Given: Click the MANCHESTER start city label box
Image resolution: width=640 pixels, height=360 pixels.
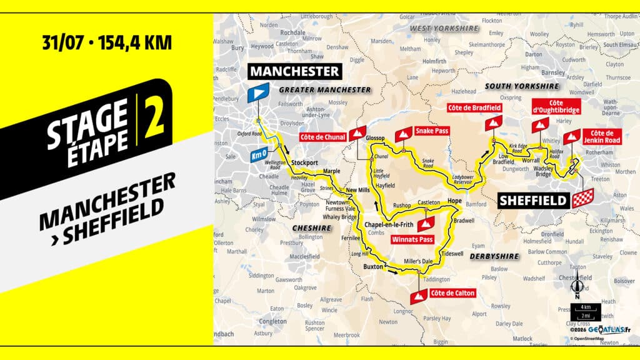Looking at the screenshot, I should (x=295, y=71).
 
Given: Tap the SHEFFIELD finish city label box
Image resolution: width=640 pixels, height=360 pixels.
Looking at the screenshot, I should (x=533, y=201).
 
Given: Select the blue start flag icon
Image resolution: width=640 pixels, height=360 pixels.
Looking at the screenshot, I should (x=257, y=93).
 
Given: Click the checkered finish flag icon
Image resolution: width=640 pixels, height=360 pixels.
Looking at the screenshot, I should (x=582, y=199).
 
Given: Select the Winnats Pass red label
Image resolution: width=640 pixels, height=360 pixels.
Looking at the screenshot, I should (x=411, y=239).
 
